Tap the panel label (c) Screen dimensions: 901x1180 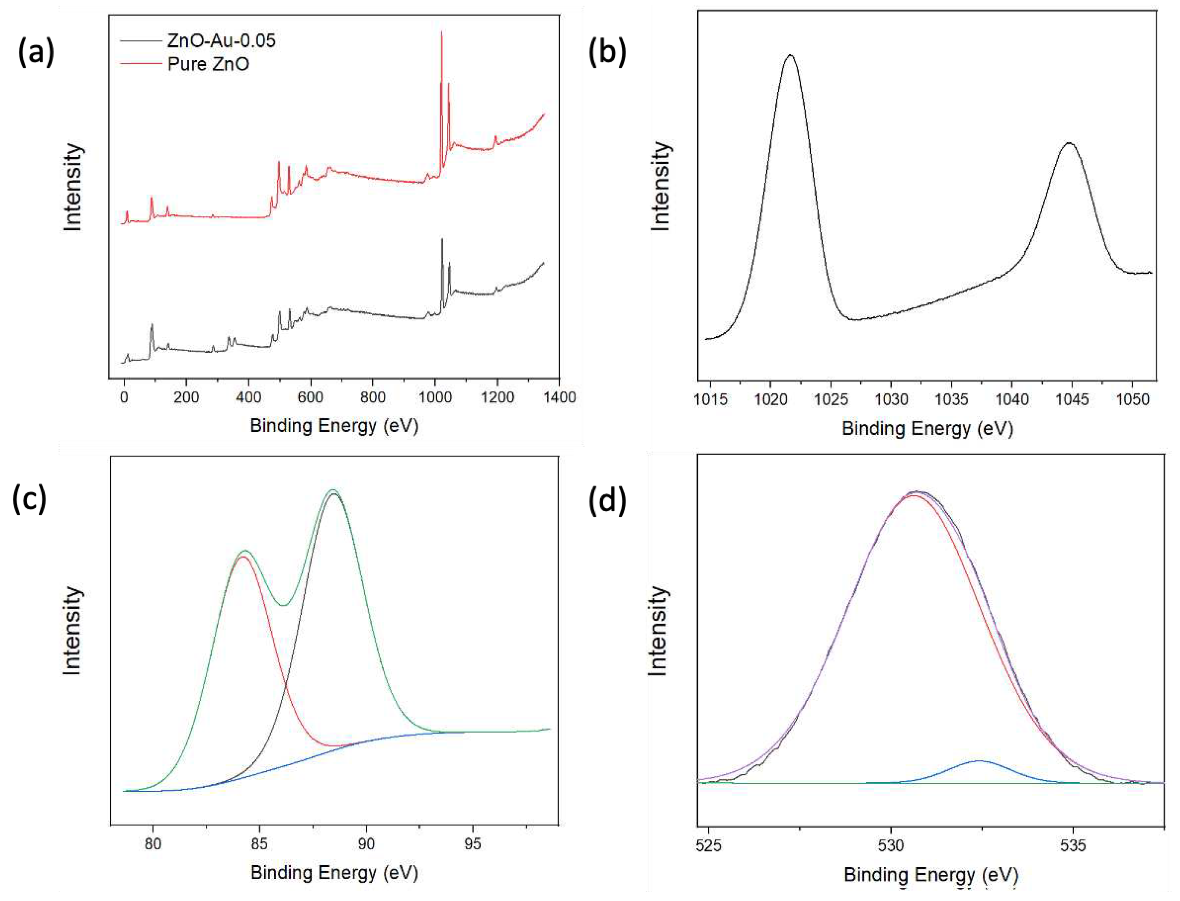point(30,499)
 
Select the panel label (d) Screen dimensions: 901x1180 point(607,501)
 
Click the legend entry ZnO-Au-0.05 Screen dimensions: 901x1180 point(221,41)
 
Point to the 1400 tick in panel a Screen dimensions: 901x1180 point(559,398)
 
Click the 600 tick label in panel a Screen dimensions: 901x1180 point(310,398)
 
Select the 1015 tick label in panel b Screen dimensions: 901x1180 point(710,400)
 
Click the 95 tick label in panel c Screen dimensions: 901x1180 point(472,844)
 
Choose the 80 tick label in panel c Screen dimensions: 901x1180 point(153,844)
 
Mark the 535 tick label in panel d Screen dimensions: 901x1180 point(1073,846)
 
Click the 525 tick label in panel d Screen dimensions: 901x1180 point(709,846)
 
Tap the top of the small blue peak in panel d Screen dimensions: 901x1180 point(979,761)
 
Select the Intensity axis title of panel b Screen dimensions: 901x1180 point(660,187)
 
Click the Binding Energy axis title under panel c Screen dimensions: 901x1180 point(334,872)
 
